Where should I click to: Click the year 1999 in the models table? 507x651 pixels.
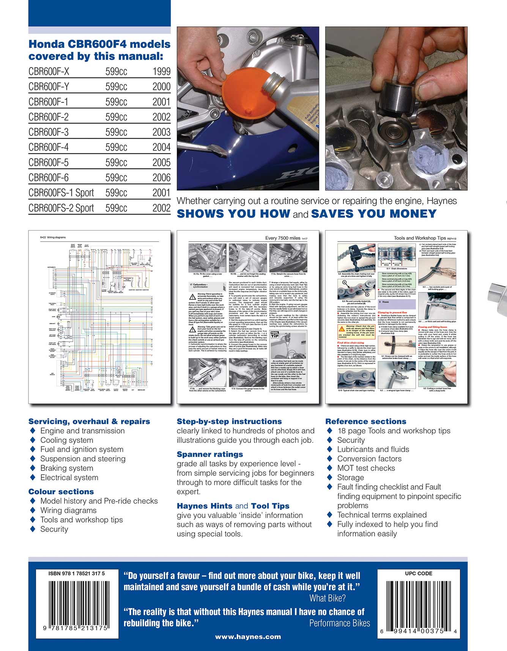[x=161, y=72]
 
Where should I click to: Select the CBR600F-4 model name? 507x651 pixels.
[x=49, y=147]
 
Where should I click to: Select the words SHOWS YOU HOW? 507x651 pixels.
[x=233, y=214]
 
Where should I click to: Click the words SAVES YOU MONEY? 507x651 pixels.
[x=373, y=214]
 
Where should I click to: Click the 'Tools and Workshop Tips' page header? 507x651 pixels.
[x=420, y=238]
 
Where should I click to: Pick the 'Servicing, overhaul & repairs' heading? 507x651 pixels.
[x=89, y=421]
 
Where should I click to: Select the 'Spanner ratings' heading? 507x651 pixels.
[x=210, y=454]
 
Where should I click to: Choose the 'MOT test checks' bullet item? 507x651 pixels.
[x=366, y=468]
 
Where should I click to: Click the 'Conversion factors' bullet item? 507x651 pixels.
[x=369, y=459]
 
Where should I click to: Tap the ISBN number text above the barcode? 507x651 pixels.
[x=77, y=574]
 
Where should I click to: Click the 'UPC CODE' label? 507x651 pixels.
[x=419, y=574]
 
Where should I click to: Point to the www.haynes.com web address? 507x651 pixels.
[x=248, y=637]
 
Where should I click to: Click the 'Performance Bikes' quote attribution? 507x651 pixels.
[x=339, y=623]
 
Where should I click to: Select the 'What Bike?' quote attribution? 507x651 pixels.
[x=328, y=598]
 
